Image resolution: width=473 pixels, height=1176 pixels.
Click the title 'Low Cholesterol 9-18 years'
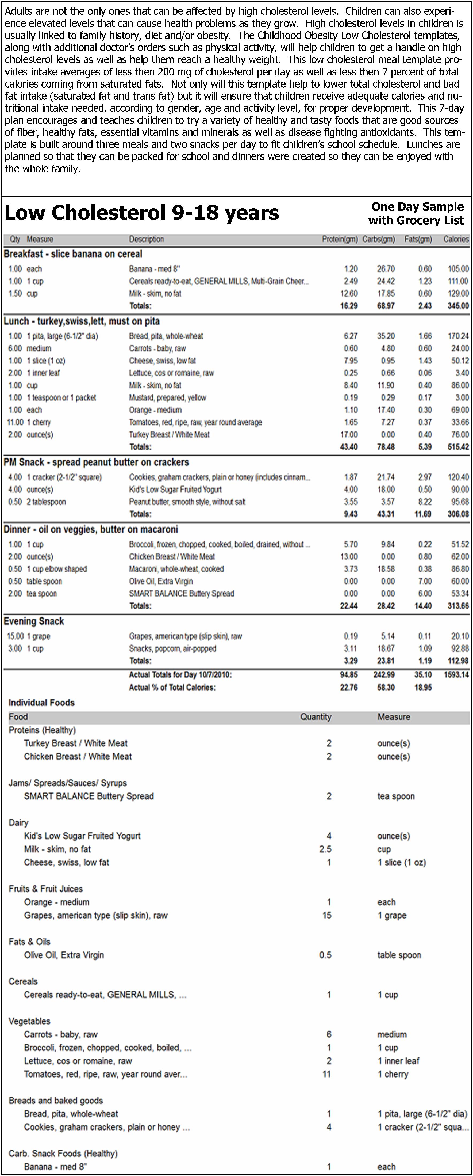click(141, 213)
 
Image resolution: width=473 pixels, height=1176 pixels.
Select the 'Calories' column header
click(456, 239)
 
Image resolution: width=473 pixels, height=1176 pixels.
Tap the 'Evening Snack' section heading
click(34, 621)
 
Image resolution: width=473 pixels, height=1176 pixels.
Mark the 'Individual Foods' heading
click(41, 703)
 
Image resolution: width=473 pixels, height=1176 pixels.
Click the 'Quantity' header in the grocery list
click(316, 717)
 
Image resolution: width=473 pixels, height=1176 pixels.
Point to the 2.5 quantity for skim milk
click(325, 849)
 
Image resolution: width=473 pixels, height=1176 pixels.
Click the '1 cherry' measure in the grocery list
click(393, 1074)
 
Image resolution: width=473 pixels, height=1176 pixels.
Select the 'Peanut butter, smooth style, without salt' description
click(187, 502)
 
